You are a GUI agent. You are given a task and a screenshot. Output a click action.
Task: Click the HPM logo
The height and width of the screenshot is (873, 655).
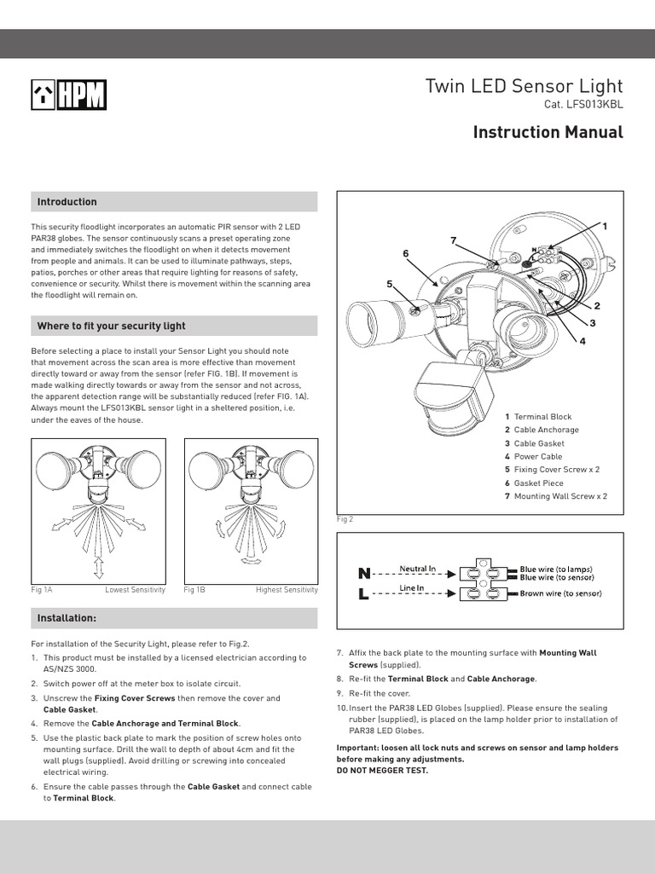pyautogui.click(x=69, y=95)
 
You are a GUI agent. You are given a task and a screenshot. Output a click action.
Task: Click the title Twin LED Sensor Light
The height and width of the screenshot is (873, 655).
pyautogui.click(x=524, y=86)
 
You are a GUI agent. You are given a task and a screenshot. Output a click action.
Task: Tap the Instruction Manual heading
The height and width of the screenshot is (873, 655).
pyautogui.click(x=548, y=132)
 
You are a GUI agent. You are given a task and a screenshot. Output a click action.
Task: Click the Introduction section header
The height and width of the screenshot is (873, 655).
pyautogui.click(x=67, y=202)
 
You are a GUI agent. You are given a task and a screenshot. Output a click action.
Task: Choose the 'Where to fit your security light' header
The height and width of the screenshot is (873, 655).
pyautogui.click(x=111, y=326)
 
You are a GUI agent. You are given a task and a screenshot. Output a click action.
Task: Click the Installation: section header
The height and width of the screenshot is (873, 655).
pyautogui.click(x=67, y=617)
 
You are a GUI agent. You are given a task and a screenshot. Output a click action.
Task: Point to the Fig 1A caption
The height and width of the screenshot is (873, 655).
pyautogui.click(x=42, y=590)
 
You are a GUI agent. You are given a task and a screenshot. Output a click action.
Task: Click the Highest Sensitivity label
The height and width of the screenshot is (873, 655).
pyautogui.click(x=287, y=590)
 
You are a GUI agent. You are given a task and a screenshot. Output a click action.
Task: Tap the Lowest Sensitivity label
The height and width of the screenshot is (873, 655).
pyautogui.click(x=135, y=590)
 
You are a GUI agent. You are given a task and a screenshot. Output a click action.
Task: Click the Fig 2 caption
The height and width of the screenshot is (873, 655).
pyautogui.click(x=345, y=518)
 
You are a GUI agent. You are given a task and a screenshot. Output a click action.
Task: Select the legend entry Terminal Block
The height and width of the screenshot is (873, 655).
pyautogui.click(x=542, y=417)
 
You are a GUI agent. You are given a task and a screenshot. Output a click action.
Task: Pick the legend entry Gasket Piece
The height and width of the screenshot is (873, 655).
pyautogui.click(x=538, y=483)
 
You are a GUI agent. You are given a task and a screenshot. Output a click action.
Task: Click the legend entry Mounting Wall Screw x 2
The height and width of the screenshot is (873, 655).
pyautogui.click(x=560, y=495)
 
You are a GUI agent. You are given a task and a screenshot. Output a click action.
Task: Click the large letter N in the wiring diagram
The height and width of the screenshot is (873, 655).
pyautogui.click(x=364, y=574)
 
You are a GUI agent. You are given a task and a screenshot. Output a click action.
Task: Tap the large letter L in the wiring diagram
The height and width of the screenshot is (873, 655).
pyautogui.click(x=363, y=594)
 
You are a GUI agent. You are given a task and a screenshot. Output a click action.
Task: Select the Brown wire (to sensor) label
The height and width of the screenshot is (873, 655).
pyautogui.click(x=560, y=593)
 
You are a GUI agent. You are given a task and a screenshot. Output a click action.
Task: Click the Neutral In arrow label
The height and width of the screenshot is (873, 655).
pyautogui.click(x=418, y=568)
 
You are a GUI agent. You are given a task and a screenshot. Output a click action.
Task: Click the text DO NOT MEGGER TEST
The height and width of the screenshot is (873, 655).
pyautogui.click(x=382, y=770)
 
